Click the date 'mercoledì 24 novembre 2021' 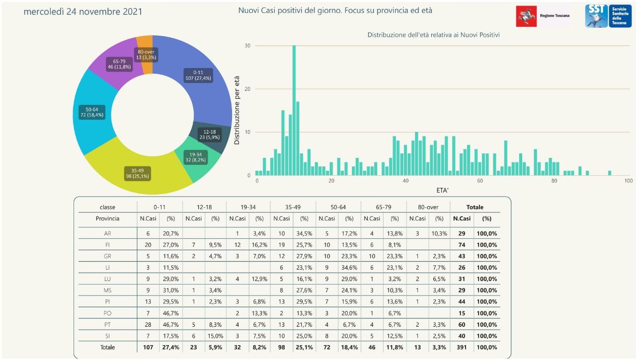(83, 11)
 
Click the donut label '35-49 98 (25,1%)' (137, 173)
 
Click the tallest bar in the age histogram (294, 110)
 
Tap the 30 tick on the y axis (247, 46)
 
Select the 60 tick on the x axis (480, 181)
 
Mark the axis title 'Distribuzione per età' (237, 110)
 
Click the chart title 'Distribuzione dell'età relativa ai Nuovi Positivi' (433, 35)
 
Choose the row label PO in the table (107, 313)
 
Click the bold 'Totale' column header (475, 207)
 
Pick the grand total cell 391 (462, 347)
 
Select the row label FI (107, 244)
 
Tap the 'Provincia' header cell (107, 218)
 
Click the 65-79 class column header (384, 207)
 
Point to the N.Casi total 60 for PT (462, 324)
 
